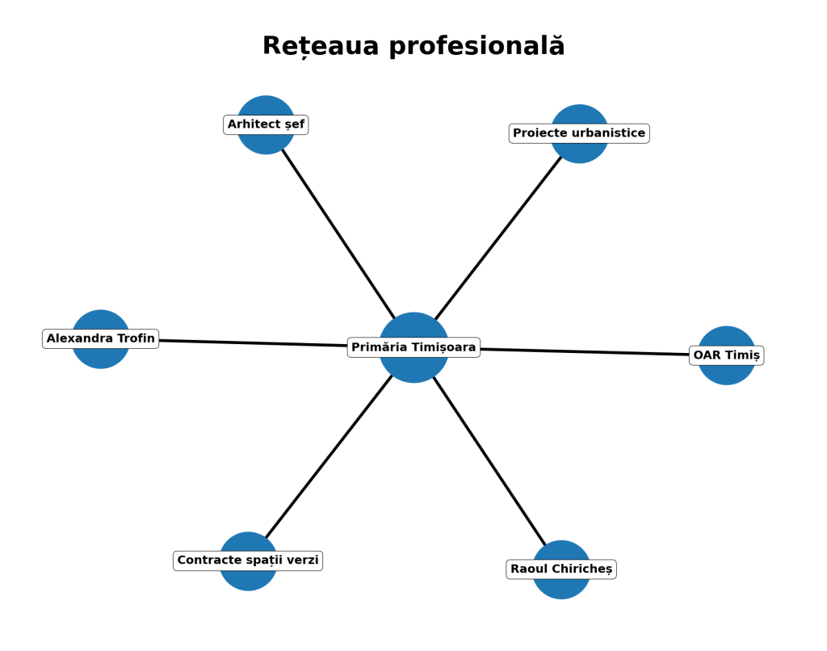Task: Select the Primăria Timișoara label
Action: point(413,347)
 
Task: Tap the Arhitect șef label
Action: point(266,124)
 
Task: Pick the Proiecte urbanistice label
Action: point(579,133)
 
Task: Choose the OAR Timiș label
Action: point(726,355)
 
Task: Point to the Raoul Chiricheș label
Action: point(561,569)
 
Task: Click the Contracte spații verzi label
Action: point(248,561)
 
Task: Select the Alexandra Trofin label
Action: point(100,338)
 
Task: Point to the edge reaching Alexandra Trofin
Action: point(250,342)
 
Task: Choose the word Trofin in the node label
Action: point(135,338)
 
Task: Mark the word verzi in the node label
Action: point(303,561)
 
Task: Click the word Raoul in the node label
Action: point(529,569)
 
